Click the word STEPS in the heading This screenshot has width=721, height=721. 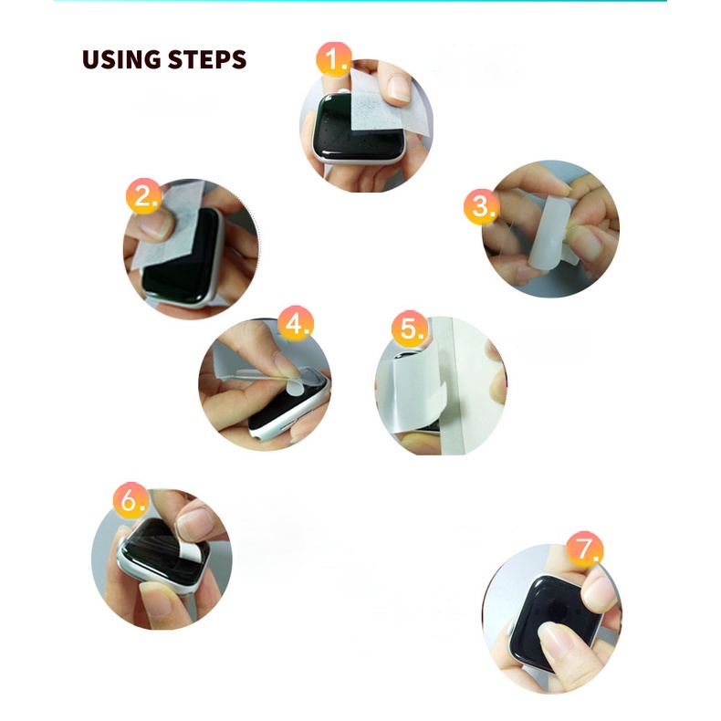coord(207,59)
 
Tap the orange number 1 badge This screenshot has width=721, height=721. coord(334,59)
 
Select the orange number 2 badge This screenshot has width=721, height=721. coord(144,196)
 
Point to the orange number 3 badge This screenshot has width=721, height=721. coord(482,206)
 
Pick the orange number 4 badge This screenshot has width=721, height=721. coord(296,323)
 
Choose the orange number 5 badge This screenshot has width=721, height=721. coord(410,329)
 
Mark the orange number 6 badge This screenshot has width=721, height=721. coord(131,500)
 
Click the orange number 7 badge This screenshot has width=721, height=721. coord(584,549)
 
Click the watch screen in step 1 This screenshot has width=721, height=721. coord(354,129)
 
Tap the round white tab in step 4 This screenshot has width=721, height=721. coord(294,388)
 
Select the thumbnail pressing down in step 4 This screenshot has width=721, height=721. coord(284,362)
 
